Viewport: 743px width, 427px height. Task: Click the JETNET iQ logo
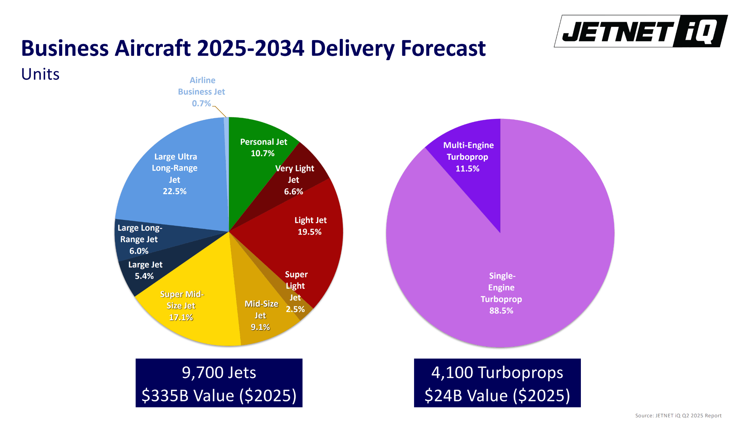point(641,31)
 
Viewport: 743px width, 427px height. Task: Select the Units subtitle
point(40,74)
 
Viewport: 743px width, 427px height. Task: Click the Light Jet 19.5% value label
point(310,232)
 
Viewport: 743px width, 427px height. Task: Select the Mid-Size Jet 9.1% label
point(261,315)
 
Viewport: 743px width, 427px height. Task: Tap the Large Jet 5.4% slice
point(145,270)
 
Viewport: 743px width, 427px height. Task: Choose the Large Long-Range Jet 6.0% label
point(139,239)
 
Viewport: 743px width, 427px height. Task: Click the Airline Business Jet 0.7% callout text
point(201,92)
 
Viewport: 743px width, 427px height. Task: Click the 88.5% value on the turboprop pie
point(501,311)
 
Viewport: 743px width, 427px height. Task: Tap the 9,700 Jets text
point(219,373)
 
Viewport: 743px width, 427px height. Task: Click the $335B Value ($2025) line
point(219,395)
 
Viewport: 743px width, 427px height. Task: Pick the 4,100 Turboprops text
point(497,373)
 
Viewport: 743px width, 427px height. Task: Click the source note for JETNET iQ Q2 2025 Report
point(678,416)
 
